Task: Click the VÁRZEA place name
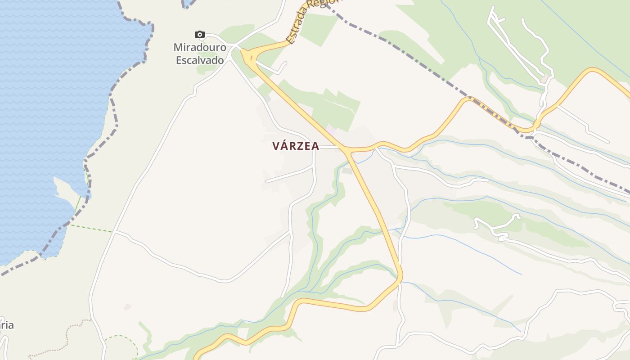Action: [296, 146]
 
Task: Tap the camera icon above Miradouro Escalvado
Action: [200, 35]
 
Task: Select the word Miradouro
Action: [200, 47]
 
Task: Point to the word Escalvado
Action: [200, 59]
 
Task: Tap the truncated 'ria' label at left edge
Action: [6, 325]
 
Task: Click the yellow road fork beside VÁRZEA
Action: [347, 150]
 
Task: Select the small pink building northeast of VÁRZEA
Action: [331, 129]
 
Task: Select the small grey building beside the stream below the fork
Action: [347, 171]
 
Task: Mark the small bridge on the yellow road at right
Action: [536, 123]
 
